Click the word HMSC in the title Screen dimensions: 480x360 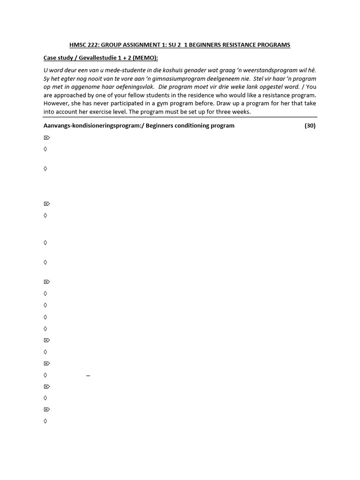(x=79, y=45)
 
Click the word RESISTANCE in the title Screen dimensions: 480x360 (x=238, y=45)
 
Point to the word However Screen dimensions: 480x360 (x=57, y=104)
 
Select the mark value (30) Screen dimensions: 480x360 (x=310, y=126)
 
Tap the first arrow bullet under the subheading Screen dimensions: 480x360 (x=46, y=138)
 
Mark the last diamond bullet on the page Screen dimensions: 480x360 (x=45, y=421)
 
